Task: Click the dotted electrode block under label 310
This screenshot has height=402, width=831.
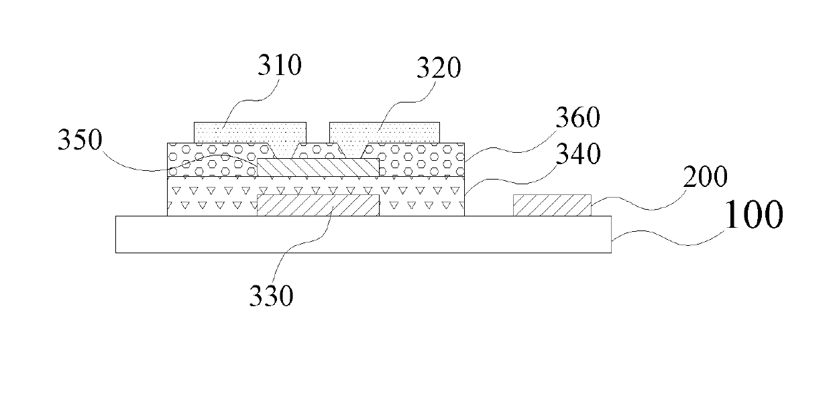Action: coord(250,132)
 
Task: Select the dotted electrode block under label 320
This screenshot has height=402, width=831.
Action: coord(384,132)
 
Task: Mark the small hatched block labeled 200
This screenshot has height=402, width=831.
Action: coord(552,205)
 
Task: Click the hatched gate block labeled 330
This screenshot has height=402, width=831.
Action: coord(318,206)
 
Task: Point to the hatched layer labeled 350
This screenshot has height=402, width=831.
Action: coord(318,167)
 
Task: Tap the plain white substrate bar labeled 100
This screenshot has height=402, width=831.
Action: coord(363,234)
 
